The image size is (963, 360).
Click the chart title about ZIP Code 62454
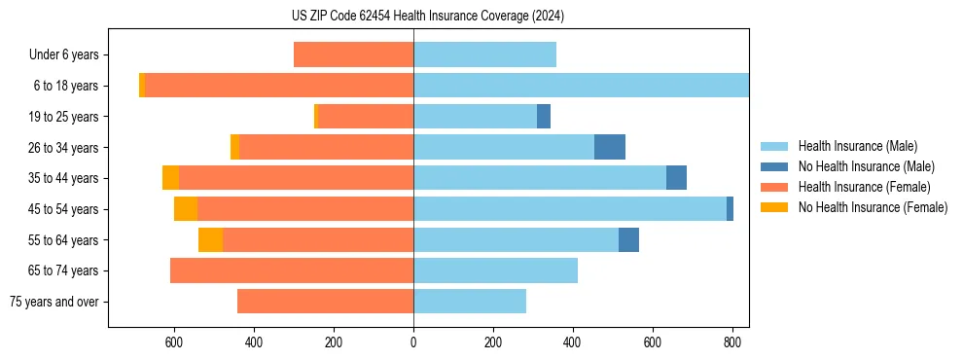tap(427, 17)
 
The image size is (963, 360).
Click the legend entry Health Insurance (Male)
tap(857, 146)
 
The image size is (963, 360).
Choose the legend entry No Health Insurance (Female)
tap(873, 207)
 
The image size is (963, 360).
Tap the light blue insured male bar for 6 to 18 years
tap(581, 86)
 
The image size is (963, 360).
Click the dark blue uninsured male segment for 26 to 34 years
tap(610, 147)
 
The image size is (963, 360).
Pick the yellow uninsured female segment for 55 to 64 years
tap(210, 239)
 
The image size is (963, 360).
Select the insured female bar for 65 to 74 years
tap(292, 270)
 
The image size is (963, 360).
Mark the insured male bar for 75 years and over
tap(470, 302)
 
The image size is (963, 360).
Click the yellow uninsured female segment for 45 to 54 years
tap(186, 209)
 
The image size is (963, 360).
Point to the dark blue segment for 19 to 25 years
tap(544, 117)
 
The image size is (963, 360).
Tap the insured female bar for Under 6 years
tap(353, 55)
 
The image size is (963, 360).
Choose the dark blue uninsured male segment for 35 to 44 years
tap(676, 178)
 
